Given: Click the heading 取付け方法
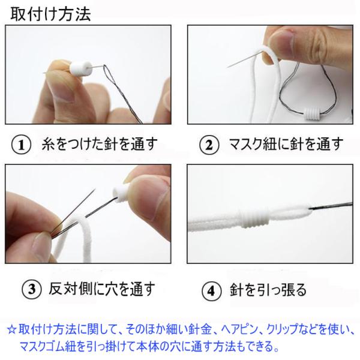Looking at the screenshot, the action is (x=50, y=14).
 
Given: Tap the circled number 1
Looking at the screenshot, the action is (x=21, y=145).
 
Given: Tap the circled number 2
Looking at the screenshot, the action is (x=209, y=145).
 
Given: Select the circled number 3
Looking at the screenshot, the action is (x=32, y=289).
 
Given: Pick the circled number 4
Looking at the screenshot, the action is (x=211, y=290).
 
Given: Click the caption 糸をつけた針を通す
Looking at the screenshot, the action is (x=100, y=144).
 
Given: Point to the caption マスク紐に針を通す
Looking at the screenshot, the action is (x=286, y=144).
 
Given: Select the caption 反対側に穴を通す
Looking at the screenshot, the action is (x=102, y=289).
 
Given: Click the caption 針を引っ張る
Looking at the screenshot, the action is (x=268, y=290).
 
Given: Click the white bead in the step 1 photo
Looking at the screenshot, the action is (x=81, y=68).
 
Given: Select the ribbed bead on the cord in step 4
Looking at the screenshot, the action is (x=254, y=218).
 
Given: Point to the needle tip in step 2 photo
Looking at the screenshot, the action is (x=227, y=67).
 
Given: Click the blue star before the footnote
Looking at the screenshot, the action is (x=11, y=329).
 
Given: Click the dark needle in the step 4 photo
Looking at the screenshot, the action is (x=331, y=206).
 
